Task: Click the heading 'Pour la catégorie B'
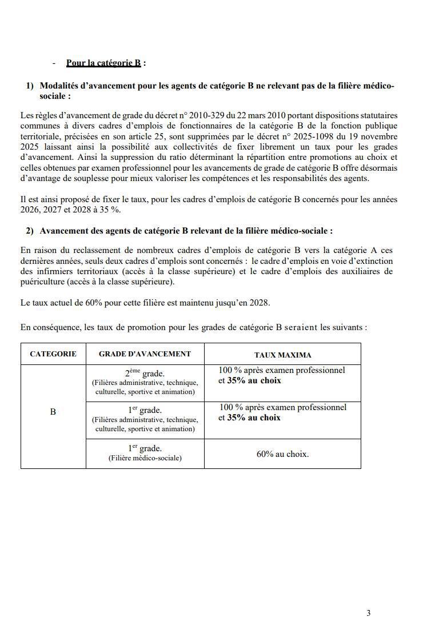[103, 63]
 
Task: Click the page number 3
[368, 613]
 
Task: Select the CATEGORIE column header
[53, 354]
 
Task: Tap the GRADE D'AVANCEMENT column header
[145, 354]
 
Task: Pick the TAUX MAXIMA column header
[282, 355]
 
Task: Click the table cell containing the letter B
[53, 411]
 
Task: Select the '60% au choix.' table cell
[282, 454]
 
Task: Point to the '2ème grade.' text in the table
[145, 374]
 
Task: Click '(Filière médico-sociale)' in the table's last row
[145, 458]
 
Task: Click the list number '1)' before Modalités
[30, 86]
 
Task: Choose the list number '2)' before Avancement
[30, 231]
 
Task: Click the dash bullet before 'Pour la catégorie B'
[53, 63]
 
